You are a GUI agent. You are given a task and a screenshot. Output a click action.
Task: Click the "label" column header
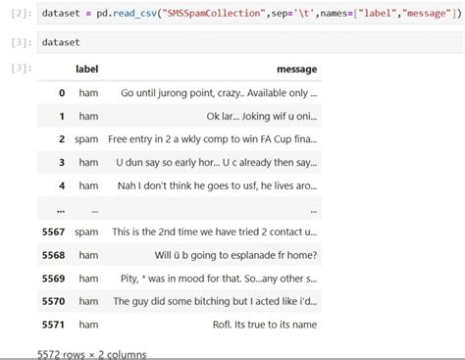(90, 70)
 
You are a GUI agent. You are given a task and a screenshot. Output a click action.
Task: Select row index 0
(61, 92)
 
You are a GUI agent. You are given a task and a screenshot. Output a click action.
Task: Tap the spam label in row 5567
(87, 231)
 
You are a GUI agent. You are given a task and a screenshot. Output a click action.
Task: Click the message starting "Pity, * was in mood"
(222, 278)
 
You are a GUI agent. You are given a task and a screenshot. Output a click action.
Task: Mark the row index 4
(61, 184)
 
